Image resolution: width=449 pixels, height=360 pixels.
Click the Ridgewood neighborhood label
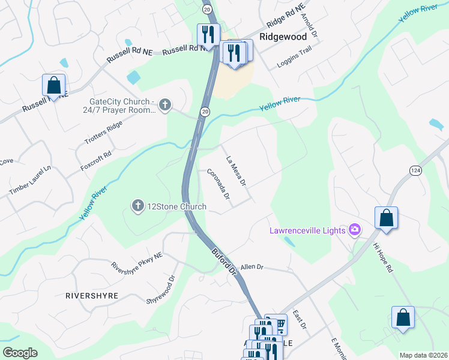(283, 37)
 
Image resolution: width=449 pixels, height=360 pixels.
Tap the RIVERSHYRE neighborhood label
(92, 296)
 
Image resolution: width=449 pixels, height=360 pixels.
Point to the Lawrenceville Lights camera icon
(355, 230)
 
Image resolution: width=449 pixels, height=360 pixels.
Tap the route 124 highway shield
(415, 171)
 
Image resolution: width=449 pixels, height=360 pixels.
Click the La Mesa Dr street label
(236, 170)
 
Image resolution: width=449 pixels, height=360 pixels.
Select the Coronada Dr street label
(218, 184)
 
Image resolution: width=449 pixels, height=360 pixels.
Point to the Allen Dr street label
(252, 267)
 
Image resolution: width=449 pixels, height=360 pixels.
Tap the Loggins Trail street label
(294, 59)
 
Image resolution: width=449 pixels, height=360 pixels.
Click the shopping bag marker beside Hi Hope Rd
(386, 218)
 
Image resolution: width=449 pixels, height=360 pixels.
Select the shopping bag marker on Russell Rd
(53, 86)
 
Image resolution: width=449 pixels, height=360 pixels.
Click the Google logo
(20, 353)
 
